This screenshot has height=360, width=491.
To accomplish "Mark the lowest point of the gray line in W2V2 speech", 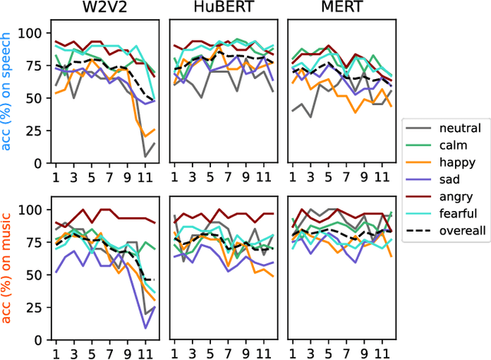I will tap(146, 157).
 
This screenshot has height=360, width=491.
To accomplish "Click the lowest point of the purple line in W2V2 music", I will tap(146, 328).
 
